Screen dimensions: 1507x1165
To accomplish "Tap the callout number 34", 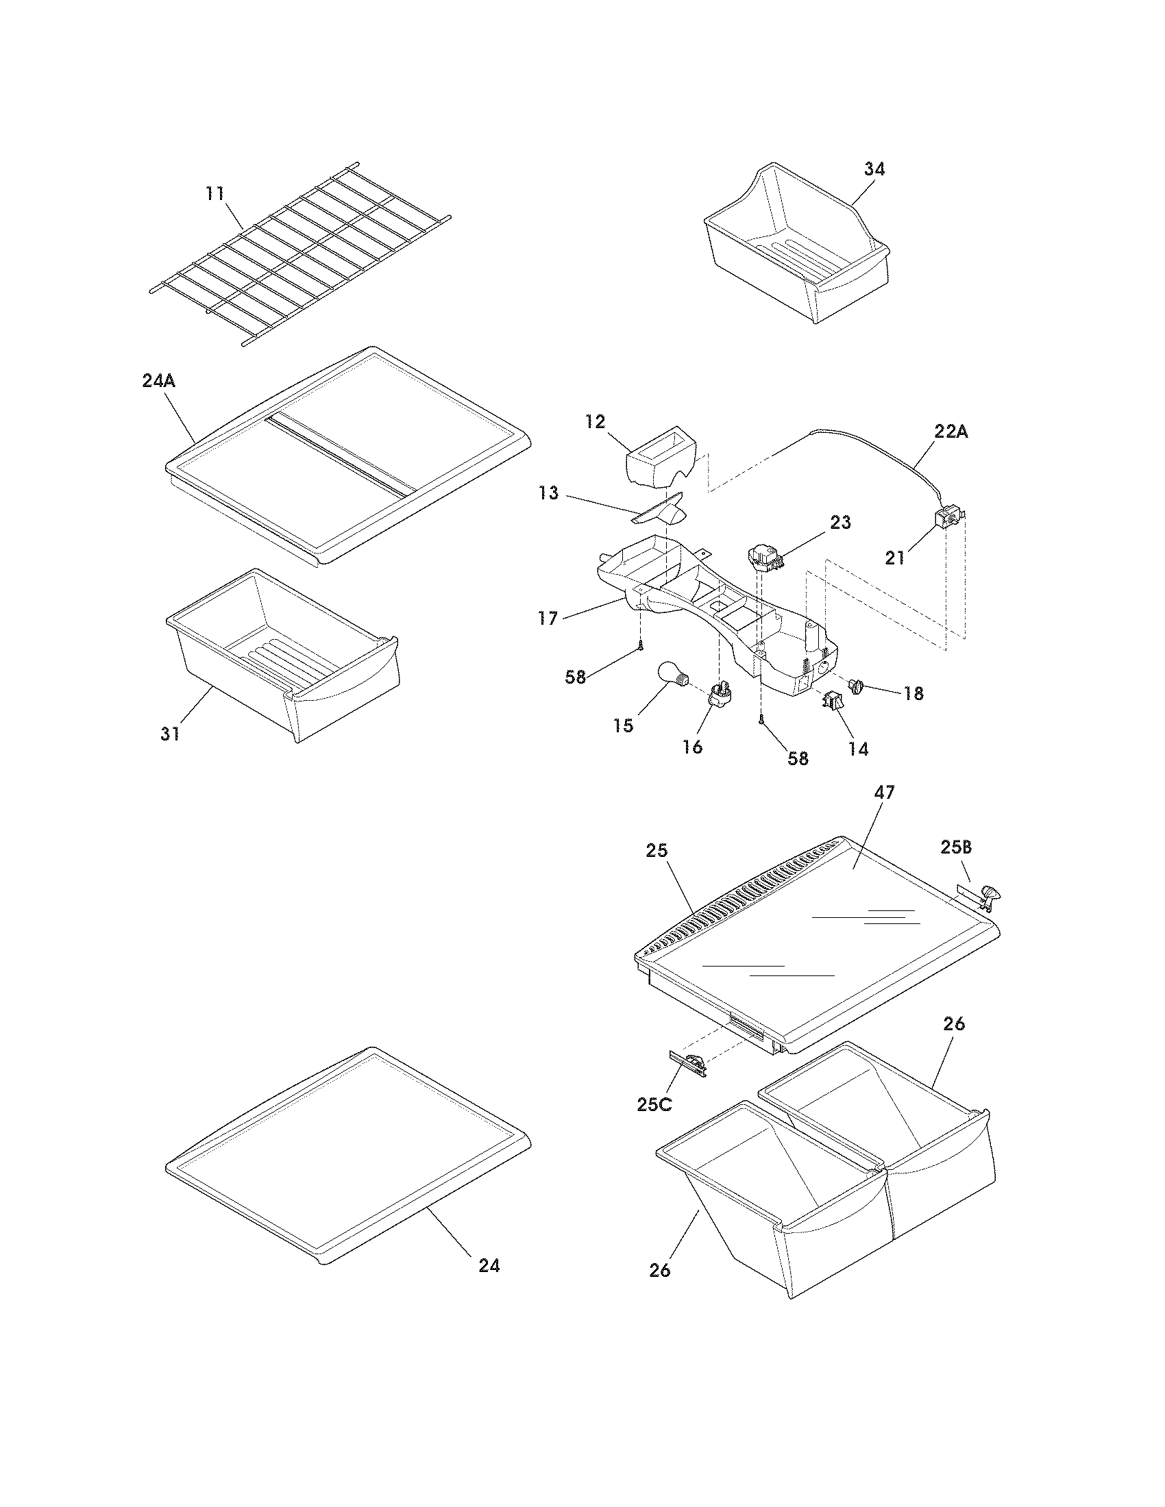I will click(873, 169).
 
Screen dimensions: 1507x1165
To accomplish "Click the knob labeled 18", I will click(858, 686).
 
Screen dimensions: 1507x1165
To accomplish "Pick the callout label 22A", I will click(951, 432).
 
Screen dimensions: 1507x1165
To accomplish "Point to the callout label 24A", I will click(159, 380).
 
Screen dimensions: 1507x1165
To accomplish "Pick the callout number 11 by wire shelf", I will click(215, 193).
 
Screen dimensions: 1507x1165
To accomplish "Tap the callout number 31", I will click(170, 734).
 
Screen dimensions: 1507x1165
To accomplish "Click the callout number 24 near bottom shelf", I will click(489, 1265).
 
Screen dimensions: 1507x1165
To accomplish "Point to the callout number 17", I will click(548, 619).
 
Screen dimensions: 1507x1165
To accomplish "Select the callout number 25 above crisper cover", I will click(657, 851).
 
